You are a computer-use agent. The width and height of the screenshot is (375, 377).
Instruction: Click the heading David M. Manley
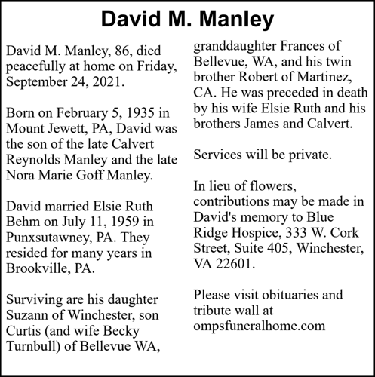point(187,19)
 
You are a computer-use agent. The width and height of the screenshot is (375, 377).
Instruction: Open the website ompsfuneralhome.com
point(259,326)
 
